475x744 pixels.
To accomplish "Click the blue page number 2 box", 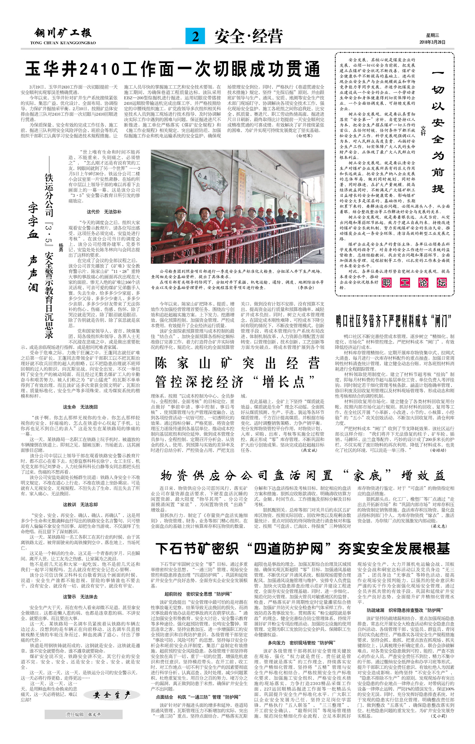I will [x=195, y=36].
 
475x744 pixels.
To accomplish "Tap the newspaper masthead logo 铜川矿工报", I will [x=63, y=33].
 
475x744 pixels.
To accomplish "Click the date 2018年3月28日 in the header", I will [x=432, y=42].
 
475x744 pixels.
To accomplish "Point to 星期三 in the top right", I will [x=432, y=35].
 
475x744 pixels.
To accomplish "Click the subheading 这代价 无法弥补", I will [x=104, y=212].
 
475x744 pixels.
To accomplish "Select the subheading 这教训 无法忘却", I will [x=80, y=504].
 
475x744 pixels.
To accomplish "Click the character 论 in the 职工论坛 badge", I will [x=423, y=283].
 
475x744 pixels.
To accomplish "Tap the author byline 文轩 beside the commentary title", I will [x=423, y=131].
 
